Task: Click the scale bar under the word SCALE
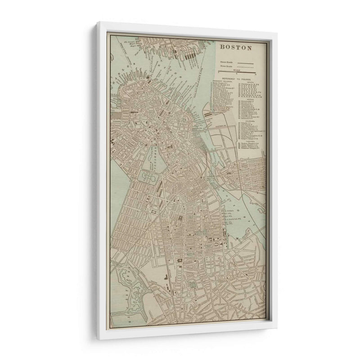(x=237, y=72)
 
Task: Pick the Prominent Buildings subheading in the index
(x=223, y=81)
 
